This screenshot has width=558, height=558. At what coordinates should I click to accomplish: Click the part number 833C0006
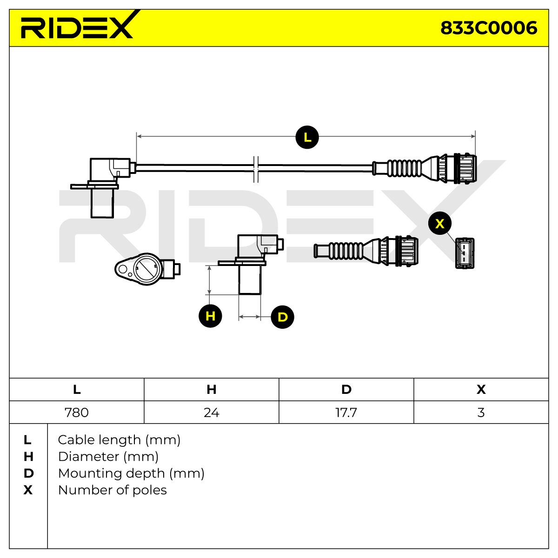(x=489, y=28)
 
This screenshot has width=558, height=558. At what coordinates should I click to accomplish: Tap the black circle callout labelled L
(x=307, y=137)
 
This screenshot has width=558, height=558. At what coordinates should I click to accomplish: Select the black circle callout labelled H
(x=210, y=316)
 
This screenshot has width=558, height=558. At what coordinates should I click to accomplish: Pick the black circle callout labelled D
(x=282, y=317)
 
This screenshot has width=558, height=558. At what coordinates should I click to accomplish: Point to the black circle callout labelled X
(x=440, y=224)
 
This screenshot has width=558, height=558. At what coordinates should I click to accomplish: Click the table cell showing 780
(x=77, y=412)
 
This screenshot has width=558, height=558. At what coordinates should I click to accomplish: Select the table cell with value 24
(x=212, y=412)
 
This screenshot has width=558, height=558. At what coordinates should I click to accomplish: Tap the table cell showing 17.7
(x=346, y=412)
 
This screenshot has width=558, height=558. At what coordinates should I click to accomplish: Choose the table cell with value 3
(x=481, y=412)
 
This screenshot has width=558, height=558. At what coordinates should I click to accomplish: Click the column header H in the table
(x=212, y=390)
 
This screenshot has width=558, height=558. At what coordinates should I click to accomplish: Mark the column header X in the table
(x=481, y=390)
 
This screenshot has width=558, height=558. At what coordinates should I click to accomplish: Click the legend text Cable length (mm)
(x=119, y=440)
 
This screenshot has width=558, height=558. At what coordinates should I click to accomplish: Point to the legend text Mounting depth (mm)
(x=131, y=473)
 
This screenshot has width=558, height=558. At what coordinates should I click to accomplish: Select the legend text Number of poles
(x=113, y=490)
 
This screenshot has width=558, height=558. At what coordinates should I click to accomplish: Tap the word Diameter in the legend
(x=89, y=457)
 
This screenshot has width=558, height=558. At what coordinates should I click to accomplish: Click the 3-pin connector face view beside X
(x=465, y=253)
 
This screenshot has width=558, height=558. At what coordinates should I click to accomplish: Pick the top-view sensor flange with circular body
(x=147, y=269)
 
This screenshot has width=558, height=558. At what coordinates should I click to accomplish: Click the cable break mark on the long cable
(x=256, y=169)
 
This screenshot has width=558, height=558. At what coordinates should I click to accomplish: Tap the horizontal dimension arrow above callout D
(x=250, y=317)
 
